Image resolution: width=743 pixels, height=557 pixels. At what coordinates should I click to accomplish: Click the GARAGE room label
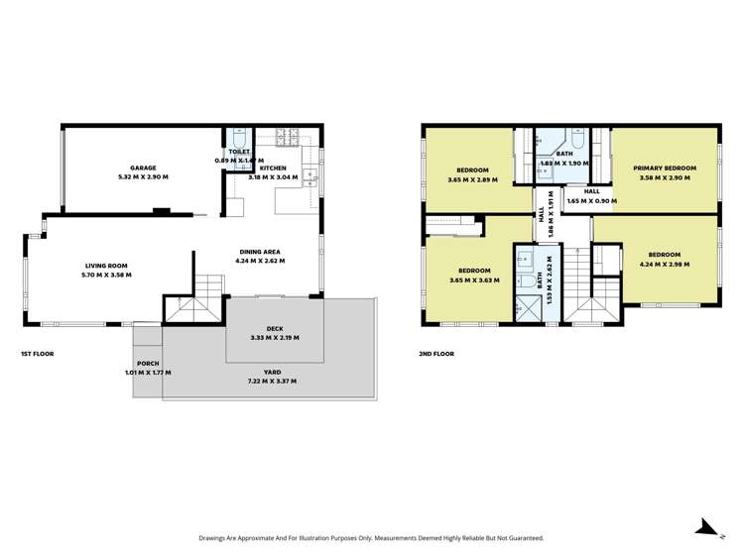[x=143, y=168]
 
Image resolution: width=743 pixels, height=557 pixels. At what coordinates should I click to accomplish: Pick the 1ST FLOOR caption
[x=37, y=353]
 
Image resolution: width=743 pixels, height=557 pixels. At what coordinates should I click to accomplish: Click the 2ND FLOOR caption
[x=437, y=351]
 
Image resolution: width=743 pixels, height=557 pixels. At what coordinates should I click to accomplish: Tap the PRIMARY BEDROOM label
[x=665, y=168]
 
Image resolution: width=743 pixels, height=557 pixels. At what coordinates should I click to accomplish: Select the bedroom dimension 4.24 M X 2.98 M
[x=665, y=265]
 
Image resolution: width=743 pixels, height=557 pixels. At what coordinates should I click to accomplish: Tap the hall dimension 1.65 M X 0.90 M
[x=591, y=201]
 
